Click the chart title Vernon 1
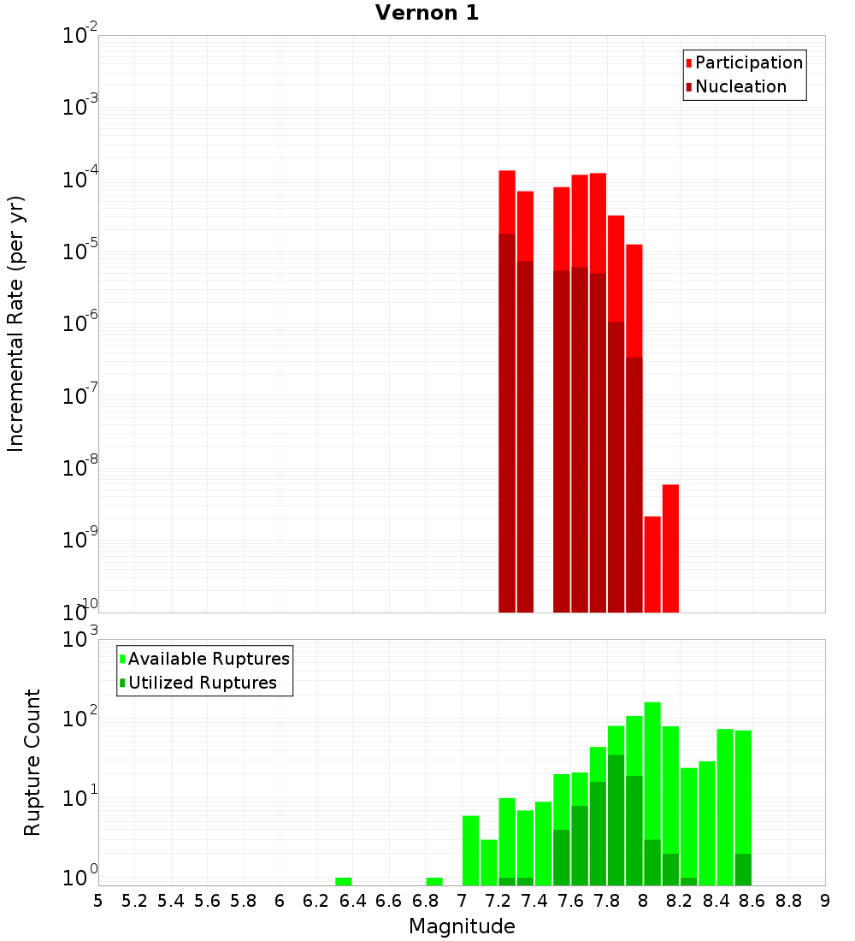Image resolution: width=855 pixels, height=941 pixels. click(427, 13)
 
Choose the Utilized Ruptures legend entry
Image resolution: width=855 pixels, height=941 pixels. click(202, 684)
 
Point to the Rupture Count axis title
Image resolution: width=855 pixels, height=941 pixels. click(32, 762)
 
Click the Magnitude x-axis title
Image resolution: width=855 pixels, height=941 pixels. click(462, 926)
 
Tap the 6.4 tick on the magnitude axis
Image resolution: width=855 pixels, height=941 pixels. click(352, 901)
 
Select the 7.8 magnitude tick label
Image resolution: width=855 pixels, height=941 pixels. click(607, 901)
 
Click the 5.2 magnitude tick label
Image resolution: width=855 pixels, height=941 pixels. click(134, 901)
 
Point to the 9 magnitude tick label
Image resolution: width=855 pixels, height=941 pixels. click(825, 901)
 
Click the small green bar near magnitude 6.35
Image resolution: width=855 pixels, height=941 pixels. click(344, 881)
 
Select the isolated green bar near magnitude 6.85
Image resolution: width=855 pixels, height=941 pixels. click(434, 881)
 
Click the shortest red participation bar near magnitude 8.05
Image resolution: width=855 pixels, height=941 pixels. click(652, 565)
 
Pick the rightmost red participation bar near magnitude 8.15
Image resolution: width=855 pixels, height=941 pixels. click(670, 548)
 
